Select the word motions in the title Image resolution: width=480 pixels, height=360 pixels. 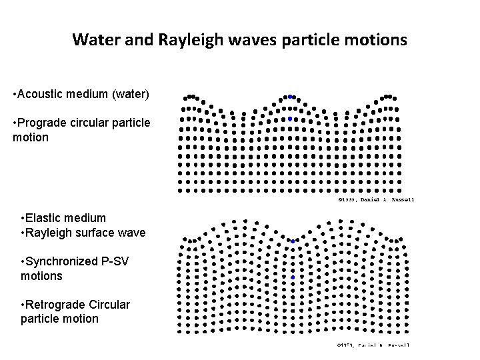pyautogui.click(x=375, y=41)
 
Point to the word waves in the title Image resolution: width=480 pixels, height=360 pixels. pyautogui.click(x=246, y=41)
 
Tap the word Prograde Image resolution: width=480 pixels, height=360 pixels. pyautogui.click(x=43, y=123)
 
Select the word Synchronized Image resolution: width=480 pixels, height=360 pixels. pyautogui.click(x=61, y=261)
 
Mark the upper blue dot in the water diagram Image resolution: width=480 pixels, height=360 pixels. pyautogui.click(x=290, y=97)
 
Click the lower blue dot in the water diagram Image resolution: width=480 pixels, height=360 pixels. pyautogui.click(x=290, y=119)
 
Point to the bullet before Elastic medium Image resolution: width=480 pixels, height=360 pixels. pyautogui.click(x=23, y=218)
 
